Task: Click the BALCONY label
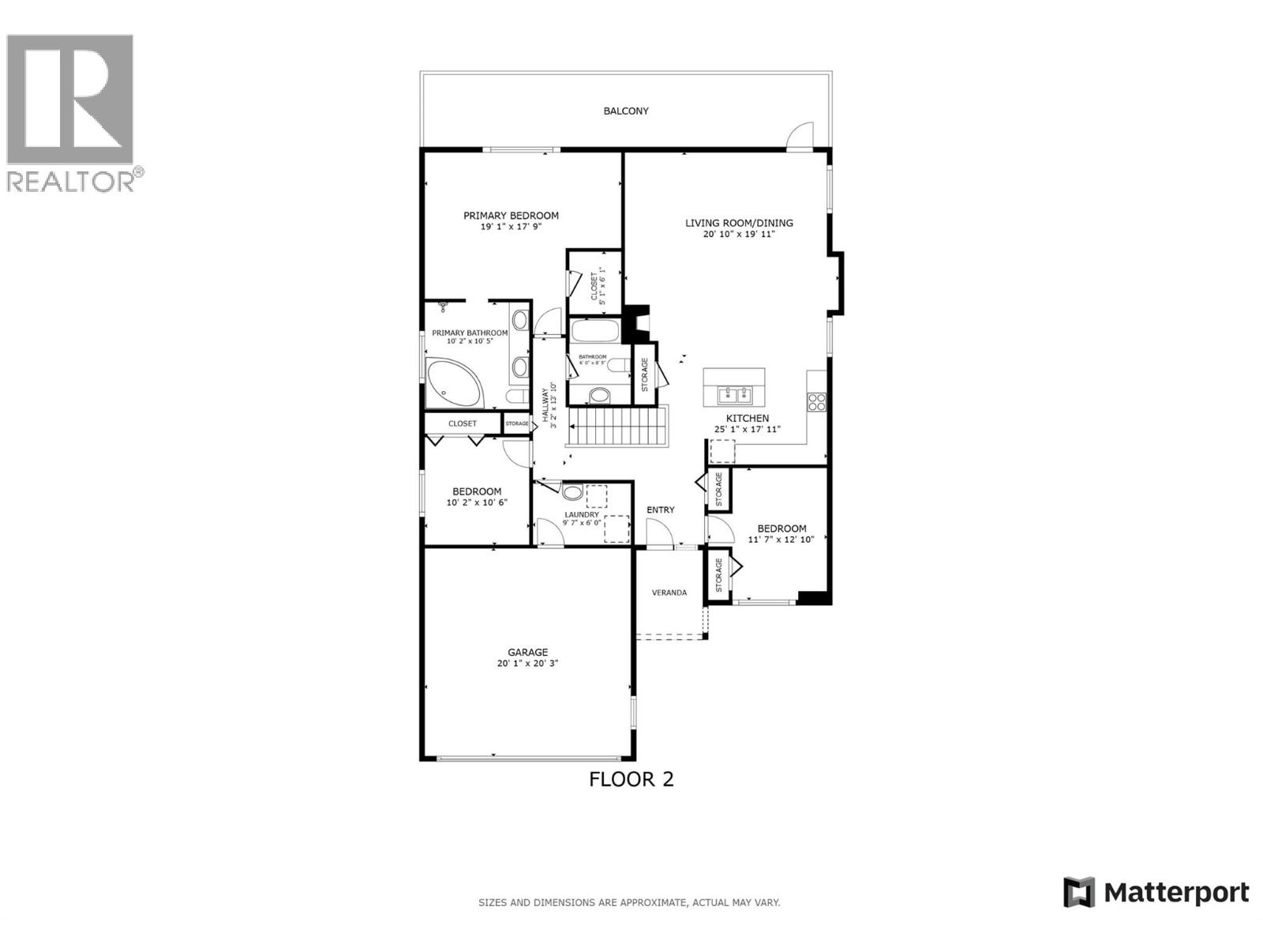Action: coord(626,111)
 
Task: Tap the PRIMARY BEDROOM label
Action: coord(511,216)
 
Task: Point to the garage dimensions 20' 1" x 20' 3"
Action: coord(527,664)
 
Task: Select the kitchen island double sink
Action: coord(735,393)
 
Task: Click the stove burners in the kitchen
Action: coord(816,401)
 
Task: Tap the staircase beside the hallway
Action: coord(617,427)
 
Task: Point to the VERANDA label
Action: coord(669,592)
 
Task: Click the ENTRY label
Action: coord(661,510)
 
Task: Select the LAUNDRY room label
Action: coord(582,514)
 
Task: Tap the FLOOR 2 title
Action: coord(631,780)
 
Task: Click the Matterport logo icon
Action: coord(1079,892)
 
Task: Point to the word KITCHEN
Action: coord(748,419)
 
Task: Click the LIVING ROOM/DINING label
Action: coord(739,223)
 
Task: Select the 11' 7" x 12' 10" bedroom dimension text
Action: coord(781,540)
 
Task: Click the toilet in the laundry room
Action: coord(573,493)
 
